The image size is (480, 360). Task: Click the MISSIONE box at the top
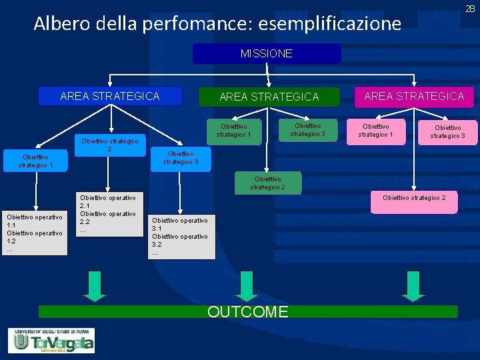(x=267, y=53)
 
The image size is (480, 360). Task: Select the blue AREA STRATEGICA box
(x=110, y=96)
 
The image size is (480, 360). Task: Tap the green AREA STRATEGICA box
(x=269, y=97)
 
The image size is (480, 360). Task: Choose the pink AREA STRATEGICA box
(x=414, y=96)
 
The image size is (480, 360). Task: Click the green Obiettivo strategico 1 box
(x=234, y=130)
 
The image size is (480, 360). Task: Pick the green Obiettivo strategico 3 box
(x=307, y=129)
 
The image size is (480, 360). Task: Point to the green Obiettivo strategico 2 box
(x=267, y=183)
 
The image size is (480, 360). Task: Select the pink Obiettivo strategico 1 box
(x=375, y=130)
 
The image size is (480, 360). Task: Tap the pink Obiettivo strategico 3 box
(x=447, y=131)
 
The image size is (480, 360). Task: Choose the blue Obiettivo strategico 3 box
(x=180, y=158)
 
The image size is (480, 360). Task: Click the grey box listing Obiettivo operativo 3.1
(x=180, y=237)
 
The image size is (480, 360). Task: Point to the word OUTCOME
(x=248, y=311)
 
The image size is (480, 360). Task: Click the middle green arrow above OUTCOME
(x=249, y=285)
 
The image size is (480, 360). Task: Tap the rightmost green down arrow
(x=414, y=285)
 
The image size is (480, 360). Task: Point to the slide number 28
(x=470, y=7)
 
